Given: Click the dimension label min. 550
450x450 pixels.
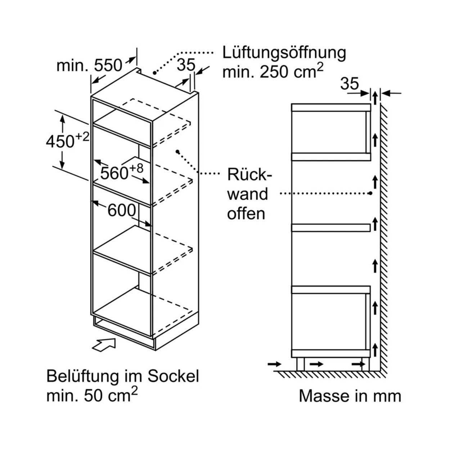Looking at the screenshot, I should click(90, 66).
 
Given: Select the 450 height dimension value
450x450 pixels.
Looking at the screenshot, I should click(60, 141).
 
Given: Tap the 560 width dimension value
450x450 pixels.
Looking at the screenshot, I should click(114, 173).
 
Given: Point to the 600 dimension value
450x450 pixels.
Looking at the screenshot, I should click(122, 211).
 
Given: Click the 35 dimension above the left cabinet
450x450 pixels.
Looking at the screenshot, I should click(186, 65).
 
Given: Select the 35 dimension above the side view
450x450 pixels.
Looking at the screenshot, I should click(350, 84).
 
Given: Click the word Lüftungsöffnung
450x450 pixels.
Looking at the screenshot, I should click(284, 53).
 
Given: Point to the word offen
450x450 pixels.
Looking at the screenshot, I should click(246, 214).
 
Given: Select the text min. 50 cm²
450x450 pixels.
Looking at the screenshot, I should click(92, 396).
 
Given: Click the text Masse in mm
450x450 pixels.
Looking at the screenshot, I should click(350, 396).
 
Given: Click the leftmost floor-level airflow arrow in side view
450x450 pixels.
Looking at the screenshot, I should click(275, 364).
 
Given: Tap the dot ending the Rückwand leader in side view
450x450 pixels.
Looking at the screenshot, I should click(370, 193).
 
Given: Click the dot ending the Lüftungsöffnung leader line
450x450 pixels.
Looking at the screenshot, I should click(154, 73).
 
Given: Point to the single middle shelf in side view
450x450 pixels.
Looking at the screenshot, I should click(330, 227).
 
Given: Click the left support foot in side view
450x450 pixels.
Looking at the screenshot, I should click(300, 364).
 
